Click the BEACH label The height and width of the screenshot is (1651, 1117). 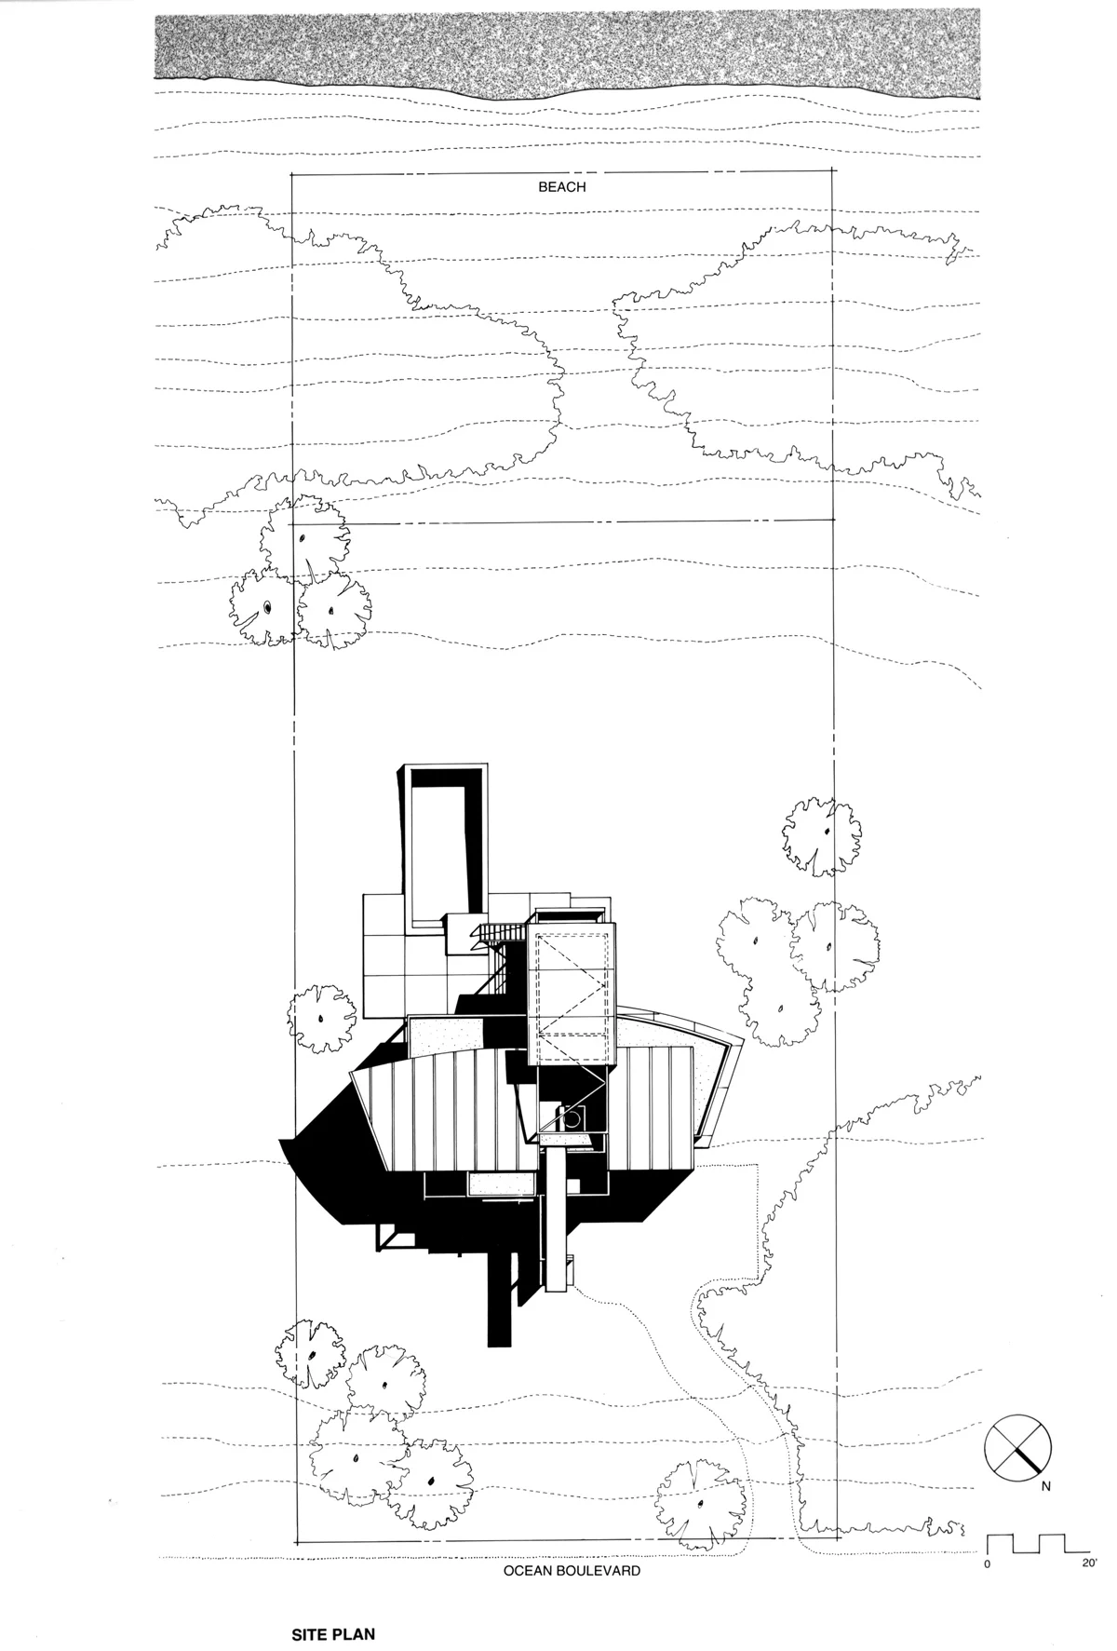point(562,187)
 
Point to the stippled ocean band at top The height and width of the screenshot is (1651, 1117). point(568,47)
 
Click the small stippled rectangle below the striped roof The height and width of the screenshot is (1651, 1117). point(501,1183)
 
